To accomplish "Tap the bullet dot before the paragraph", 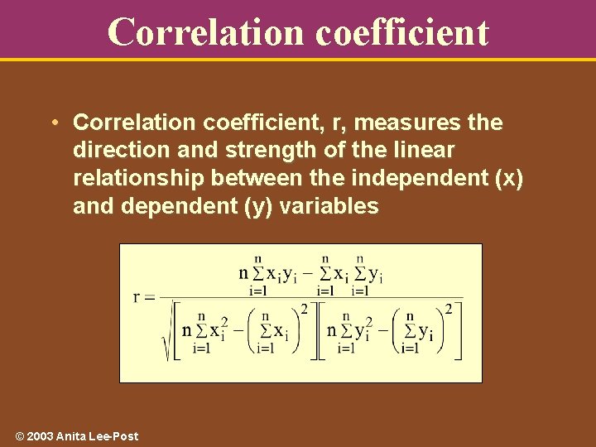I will pyautogui.click(x=52, y=123).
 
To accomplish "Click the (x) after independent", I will pyautogui.click(x=507, y=178).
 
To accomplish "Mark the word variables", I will pyautogui.click(x=329, y=206).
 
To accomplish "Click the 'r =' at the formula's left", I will pyautogui.click(x=144, y=297).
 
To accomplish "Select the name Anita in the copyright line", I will pyautogui.click(x=70, y=436).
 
